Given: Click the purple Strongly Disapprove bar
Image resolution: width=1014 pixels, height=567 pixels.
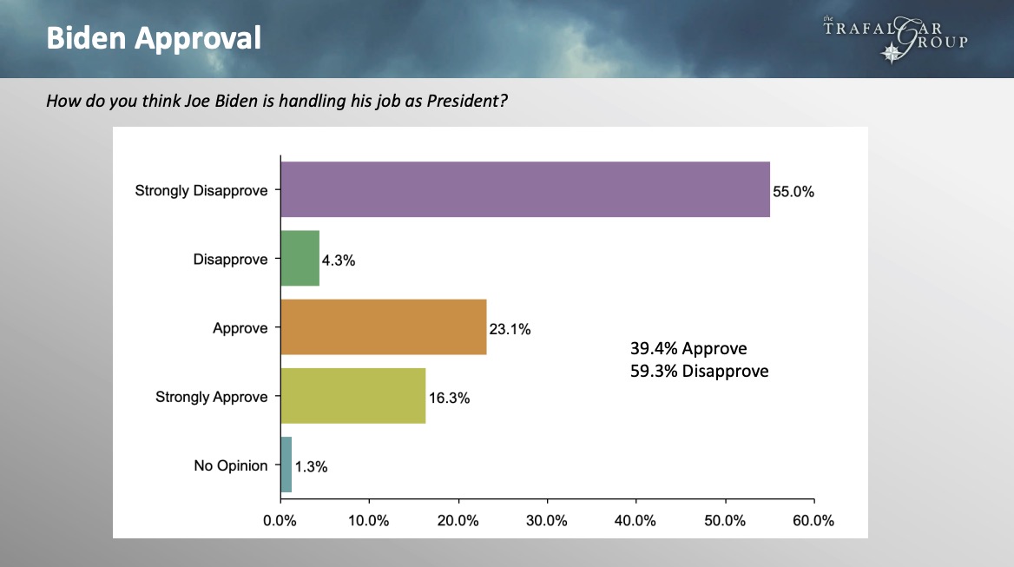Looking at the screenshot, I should [x=524, y=189].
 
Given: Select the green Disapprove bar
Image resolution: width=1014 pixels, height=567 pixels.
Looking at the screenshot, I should [x=300, y=259].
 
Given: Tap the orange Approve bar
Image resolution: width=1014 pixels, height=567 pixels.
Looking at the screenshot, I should [x=383, y=328].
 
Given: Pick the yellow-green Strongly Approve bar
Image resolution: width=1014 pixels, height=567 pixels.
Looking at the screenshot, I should [x=352, y=396].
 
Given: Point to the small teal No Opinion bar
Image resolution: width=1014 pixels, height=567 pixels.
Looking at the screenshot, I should [x=286, y=465].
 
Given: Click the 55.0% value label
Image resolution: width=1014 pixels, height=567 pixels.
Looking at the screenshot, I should [x=793, y=193].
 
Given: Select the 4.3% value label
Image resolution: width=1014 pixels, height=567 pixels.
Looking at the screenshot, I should [x=339, y=260].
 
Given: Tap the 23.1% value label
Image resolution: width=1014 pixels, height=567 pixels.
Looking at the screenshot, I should [x=510, y=330].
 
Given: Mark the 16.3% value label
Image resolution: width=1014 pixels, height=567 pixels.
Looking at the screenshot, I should [x=449, y=399].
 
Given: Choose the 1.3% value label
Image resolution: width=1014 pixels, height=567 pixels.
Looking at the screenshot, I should [x=311, y=467].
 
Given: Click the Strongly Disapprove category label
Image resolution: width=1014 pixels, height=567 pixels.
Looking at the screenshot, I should [x=201, y=190].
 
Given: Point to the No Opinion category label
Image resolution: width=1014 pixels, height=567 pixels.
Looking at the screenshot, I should [x=230, y=465].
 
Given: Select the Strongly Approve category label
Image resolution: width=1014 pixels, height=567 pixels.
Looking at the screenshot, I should [x=212, y=397].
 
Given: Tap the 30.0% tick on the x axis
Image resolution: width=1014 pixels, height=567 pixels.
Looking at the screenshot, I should [x=547, y=521].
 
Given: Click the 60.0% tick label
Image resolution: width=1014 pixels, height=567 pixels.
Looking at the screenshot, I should [x=813, y=521].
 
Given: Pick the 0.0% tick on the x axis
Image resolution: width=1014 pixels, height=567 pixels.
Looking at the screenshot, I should [x=280, y=521].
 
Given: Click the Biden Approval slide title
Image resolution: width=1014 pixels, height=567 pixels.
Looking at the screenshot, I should [x=154, y=38].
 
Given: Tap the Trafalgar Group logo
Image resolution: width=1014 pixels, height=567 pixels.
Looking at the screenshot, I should [x=894, y=39].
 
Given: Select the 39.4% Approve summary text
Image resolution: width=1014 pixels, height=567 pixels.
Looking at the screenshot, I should [x=688, y=349].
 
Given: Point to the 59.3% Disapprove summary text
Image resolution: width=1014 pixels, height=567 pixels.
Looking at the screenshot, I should [x=699, y=372].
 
